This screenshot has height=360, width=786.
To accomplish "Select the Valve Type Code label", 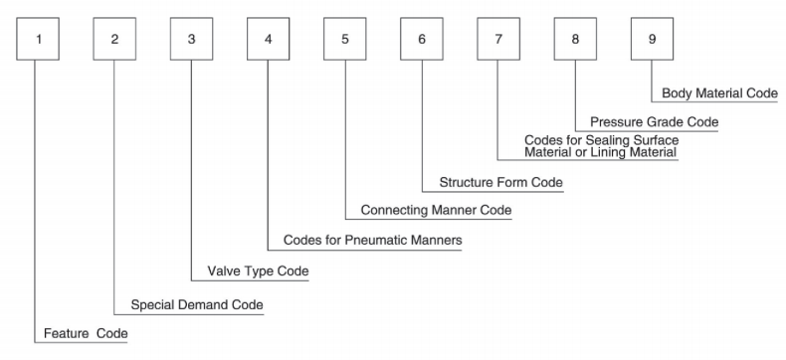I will pyautogui.click(x=258, y=271).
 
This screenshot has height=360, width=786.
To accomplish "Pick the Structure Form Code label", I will pyautogui.click(x=500, y=183).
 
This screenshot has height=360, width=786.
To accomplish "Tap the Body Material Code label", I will pyautogui.click(x=719, y=93).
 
